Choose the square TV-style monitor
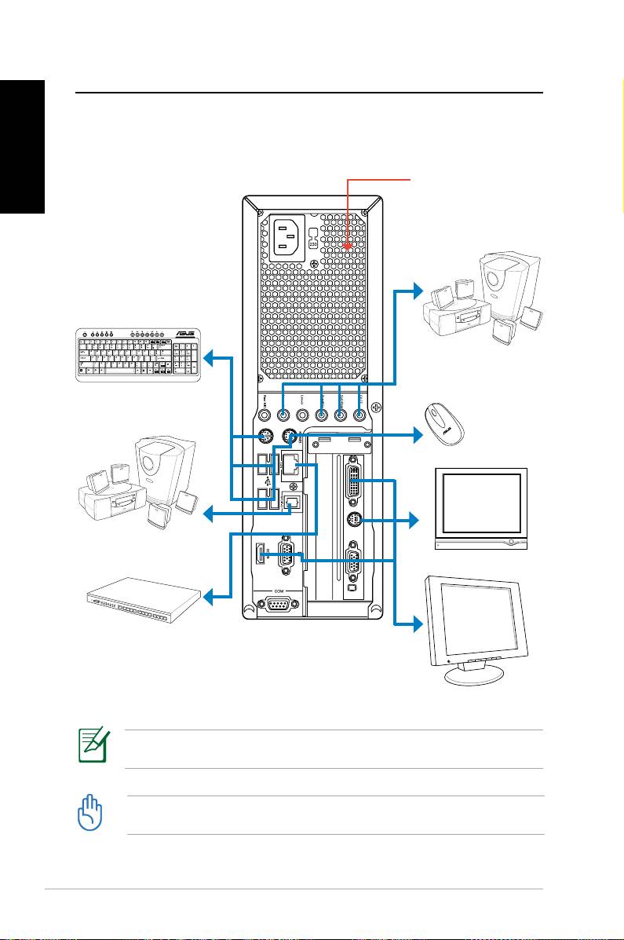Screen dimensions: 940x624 (480, 508)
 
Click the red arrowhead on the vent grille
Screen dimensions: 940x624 (348, 246)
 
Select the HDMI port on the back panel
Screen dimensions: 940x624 (260, 555)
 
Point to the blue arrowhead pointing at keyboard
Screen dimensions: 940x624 (208, 358)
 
